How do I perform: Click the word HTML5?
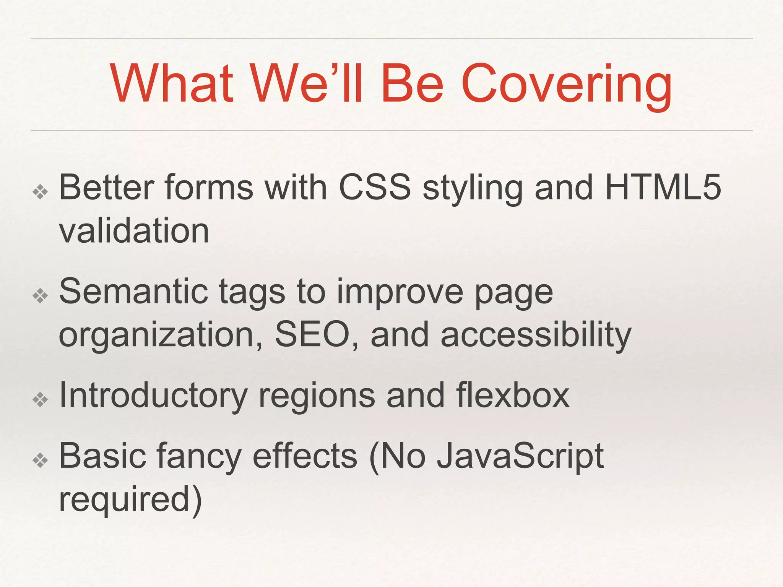click(x=663, y=187)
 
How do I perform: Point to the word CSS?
click(x=375, y=187)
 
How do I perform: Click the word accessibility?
click(x=536, y=334)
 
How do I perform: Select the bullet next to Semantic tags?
click(x=40, y=296)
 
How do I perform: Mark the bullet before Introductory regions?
click(x=40, y=400)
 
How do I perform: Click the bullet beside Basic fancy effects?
click(x=40, y=461)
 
